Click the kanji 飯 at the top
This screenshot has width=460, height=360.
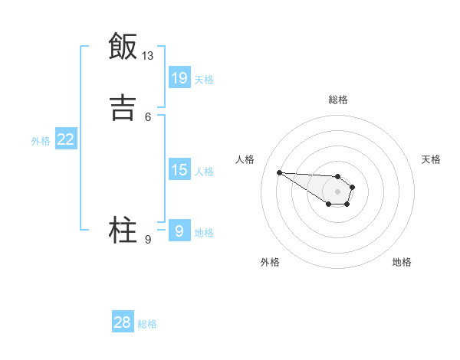click(123, 47)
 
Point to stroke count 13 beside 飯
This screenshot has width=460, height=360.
click(148, 56)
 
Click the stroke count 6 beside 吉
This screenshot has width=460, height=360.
click(148, 116)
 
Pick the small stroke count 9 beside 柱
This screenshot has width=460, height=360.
click(148, 240)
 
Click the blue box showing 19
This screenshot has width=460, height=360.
click(179, 77)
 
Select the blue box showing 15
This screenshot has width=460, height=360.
click(179, 169)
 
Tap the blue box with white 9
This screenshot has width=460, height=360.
click(179, 231)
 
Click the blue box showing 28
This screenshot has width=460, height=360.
click(123, 322)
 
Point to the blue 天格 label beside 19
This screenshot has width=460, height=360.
click(204, 79)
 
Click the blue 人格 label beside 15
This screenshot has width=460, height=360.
click(204, 171)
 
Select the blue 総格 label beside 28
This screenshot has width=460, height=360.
click(147, 324)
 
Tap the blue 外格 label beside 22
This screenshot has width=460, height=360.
click(41, 140)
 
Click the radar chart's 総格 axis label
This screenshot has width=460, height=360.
click(338, 100)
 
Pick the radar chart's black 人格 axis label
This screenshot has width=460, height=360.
click(245, 159)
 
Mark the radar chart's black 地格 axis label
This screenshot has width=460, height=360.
click(402, 262)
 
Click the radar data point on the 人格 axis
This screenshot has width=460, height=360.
click(280, 172)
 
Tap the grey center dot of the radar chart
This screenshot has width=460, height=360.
click(338, 191)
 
